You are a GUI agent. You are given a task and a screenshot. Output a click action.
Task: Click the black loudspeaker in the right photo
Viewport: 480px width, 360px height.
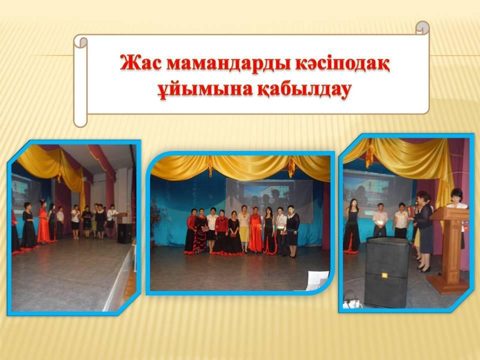tap(387, 272)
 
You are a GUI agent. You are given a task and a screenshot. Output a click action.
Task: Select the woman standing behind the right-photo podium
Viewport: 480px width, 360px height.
tap(457, 211)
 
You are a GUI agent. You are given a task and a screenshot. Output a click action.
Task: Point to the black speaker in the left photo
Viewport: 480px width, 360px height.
tap(125, 233)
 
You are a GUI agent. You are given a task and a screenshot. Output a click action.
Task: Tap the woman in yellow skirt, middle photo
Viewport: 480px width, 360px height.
tap(244, 228)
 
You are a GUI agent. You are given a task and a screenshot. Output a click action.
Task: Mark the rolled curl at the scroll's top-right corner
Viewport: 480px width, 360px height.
tap(423, 27)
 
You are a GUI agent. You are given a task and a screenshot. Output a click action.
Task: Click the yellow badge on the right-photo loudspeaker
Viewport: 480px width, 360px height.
tap(384, 275)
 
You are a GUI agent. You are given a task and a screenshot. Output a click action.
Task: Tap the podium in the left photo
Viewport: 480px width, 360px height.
tap(121, 218)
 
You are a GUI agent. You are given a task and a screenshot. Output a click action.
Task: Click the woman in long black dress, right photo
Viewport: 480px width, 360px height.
tap(352, 226)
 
